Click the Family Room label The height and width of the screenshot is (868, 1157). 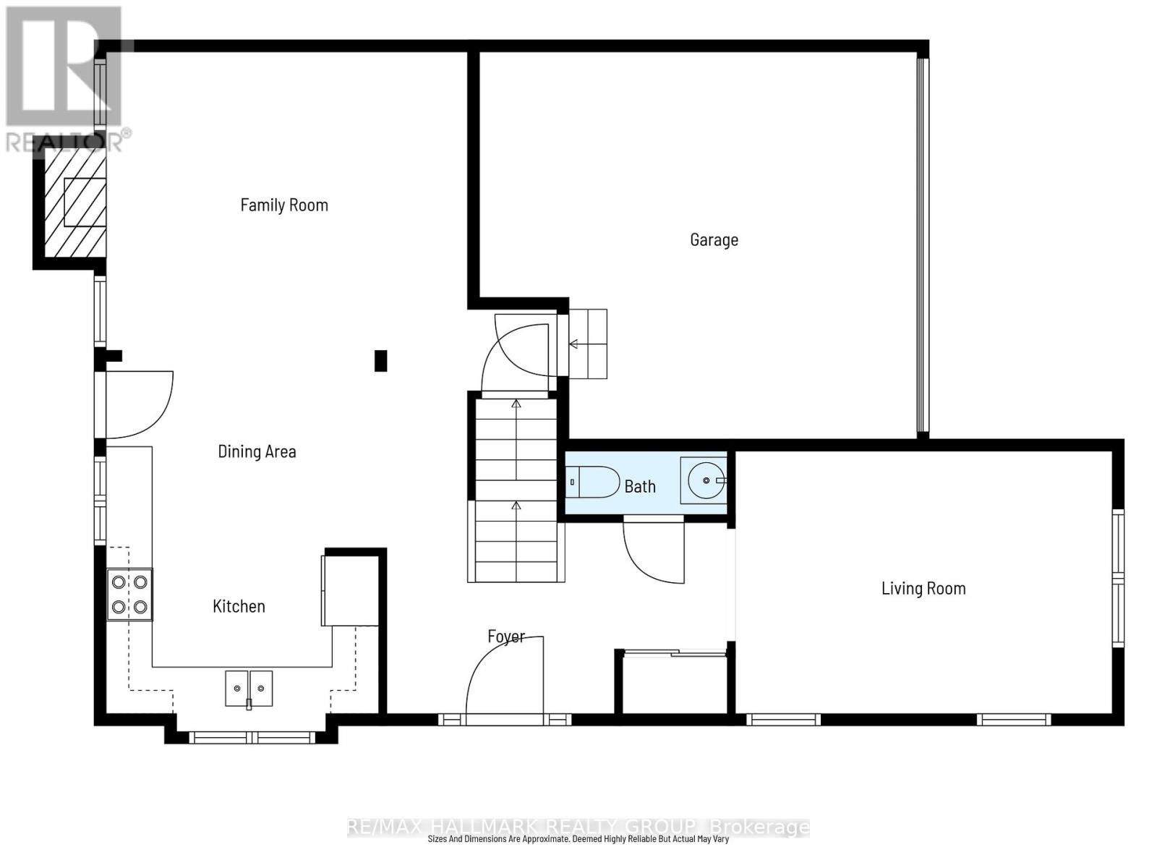click(x=284, y=205)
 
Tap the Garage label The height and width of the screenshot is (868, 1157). click(x=714, y=240)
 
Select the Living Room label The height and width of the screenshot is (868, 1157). click(x=923, y=589)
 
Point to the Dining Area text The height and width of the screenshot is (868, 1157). click(x=257, y=452)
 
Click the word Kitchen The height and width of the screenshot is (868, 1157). click(x=239, y=607)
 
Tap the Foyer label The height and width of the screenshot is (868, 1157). click(x=505, y=637)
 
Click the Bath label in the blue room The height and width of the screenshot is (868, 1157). click(x=640, y=487)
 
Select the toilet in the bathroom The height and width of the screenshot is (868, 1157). click(x=593, y=482)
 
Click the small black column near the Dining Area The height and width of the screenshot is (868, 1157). click(x=380, y=360)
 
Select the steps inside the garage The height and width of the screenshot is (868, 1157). click(x=588, y=344)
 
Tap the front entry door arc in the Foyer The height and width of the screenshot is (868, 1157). click(x=503, y=676)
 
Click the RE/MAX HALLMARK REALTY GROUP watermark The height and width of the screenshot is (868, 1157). click(x=578, y=827)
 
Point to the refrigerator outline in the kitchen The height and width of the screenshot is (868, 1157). click(x=351, y=590)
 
